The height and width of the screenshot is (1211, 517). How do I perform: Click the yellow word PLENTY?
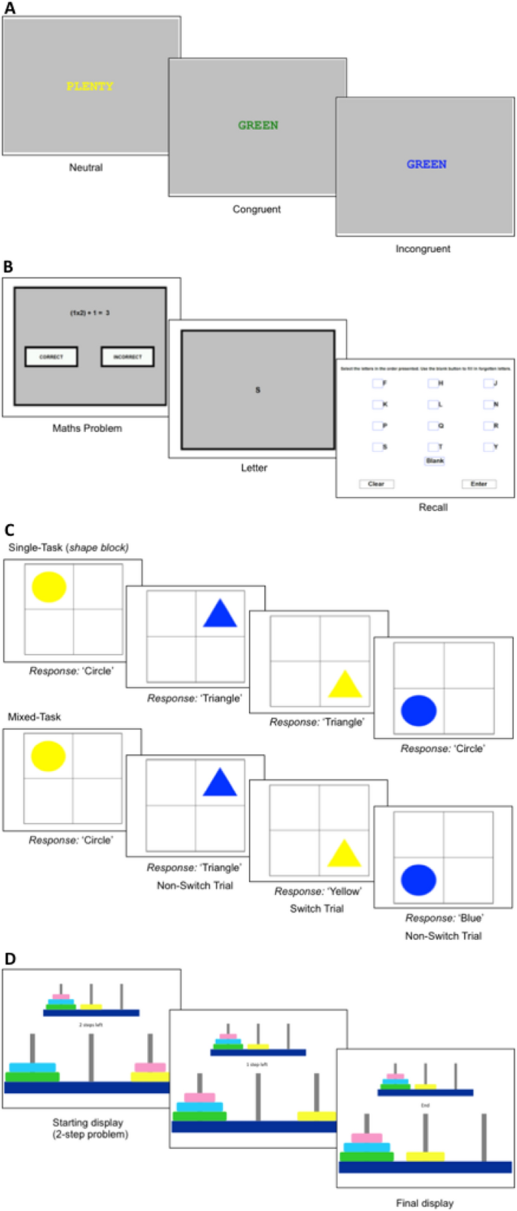[x=90, y=87]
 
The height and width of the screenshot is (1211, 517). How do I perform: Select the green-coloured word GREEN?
[x=258, y=125]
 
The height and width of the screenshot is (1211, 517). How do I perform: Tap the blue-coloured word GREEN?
[x=426, y=164]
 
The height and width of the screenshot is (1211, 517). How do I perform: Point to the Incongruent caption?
[x=423, y=248]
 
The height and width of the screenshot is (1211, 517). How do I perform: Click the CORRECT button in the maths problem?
[x=51, y=356]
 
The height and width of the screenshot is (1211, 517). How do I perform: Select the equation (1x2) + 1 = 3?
[x=90, y=313]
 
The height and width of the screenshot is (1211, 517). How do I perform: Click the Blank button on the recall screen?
[x=435, y=461]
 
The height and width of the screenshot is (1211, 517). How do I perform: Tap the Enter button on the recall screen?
[x=479, y=484]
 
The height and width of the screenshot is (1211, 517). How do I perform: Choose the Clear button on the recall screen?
[x=376, y=484]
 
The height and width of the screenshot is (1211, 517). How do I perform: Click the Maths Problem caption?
[x=87, y=428]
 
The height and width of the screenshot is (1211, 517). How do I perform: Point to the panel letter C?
[x=9, y=531]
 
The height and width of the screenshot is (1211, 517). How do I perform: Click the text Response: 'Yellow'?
[x=318, y=892]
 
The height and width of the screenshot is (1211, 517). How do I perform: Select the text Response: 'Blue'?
[x=444, y=918]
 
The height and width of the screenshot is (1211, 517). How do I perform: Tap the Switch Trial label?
[x=317, y=909]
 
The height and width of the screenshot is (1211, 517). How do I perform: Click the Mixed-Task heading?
[x=35, y=716]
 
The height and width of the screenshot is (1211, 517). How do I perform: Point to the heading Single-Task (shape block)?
[x=68, y=547]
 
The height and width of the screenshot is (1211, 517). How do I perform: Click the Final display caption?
[x=425, y=1203]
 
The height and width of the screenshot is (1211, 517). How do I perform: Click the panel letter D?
[x=9, y=959]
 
